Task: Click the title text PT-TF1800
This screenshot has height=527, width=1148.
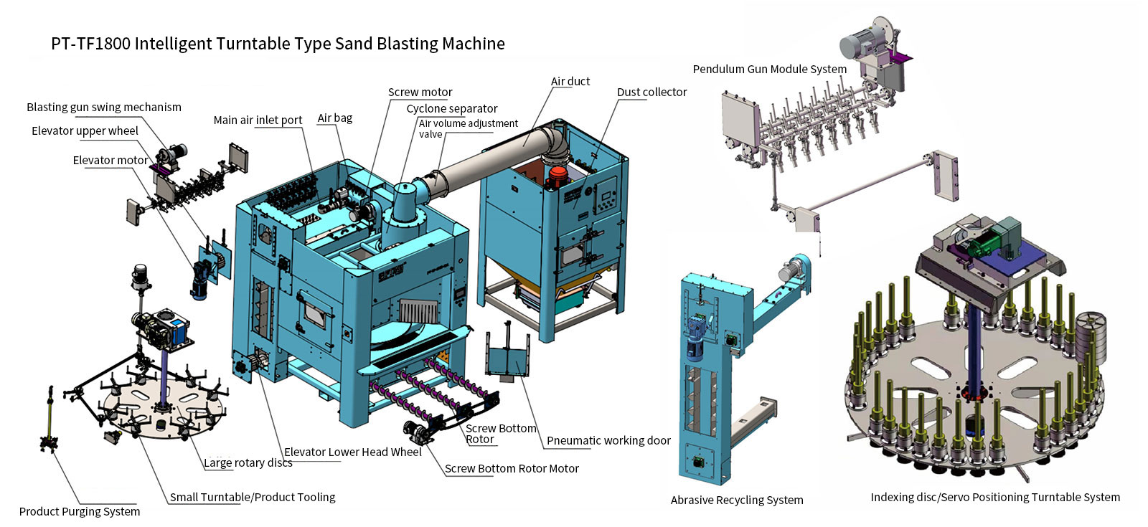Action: coord(90,44)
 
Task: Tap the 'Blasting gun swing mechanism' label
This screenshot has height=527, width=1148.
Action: coord(104,108)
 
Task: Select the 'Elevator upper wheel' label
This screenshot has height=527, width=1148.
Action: coord(85,131)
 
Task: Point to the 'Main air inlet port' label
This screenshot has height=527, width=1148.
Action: coord(258,120)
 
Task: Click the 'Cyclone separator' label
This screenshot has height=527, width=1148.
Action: coord(452,108)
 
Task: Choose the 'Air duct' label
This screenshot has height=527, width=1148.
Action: coord(570,82)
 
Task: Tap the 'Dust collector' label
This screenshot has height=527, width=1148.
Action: coord(652,92)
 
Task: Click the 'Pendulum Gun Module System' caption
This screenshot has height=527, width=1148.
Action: coord(770,69)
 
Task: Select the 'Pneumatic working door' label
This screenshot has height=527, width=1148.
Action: coord(609,440)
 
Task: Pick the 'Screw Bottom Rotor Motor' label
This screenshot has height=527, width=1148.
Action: coord(512,469)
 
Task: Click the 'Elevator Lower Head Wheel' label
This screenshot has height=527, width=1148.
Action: coord(353,452)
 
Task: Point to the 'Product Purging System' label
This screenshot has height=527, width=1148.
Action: coord(80,512)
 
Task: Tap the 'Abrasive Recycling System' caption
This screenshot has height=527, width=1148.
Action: coord(737,500)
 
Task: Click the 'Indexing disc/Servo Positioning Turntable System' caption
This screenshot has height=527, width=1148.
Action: coord(995,498)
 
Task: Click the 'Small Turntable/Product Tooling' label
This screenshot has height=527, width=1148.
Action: coord(253,498)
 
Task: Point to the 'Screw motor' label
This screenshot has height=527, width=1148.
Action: coord(420,92)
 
